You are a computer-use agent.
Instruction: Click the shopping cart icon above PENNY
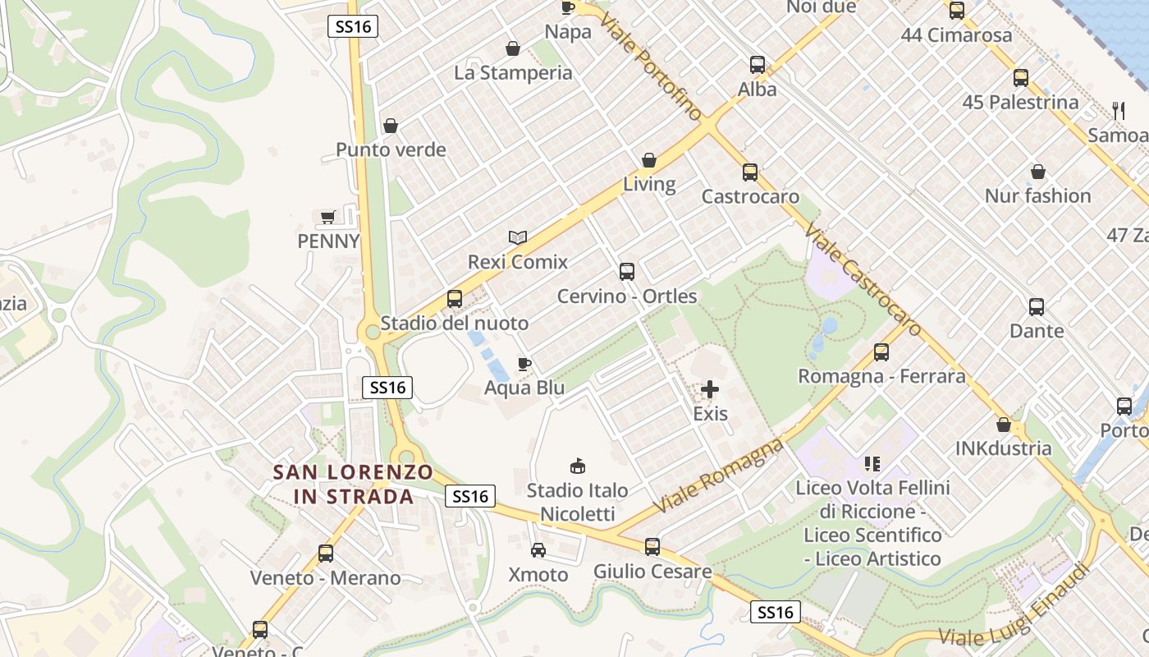[x=328, y=218]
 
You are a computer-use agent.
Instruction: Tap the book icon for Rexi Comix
[x=517, y=238]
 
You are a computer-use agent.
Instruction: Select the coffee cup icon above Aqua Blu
[x=524, y=364]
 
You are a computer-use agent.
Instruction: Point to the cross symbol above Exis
[x=710, y=389]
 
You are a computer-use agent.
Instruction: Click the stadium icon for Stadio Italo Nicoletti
[x=578, y=466]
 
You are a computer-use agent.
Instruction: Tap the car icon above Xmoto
[x=538, y=550]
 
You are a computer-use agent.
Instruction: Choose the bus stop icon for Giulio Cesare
[x=652, y=546]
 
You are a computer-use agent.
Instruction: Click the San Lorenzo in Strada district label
[x=353, y=485]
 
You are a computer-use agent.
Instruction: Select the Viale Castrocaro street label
[x=864, y=279]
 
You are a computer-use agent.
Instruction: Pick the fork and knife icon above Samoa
[x=1118, y=111]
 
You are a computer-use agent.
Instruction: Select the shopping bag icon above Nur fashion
[x=1038, y=172]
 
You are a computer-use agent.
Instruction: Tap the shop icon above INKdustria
[x=1003, y=425]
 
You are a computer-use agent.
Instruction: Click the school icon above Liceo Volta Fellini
[x=872, y=464]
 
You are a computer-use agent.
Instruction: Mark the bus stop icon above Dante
[x=1037, y=307]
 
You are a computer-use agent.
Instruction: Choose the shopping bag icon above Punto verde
[x=391, y=126]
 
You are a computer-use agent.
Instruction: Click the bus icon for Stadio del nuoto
[x=455, y=299]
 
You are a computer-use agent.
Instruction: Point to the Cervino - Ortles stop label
[x=627, y=296]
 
